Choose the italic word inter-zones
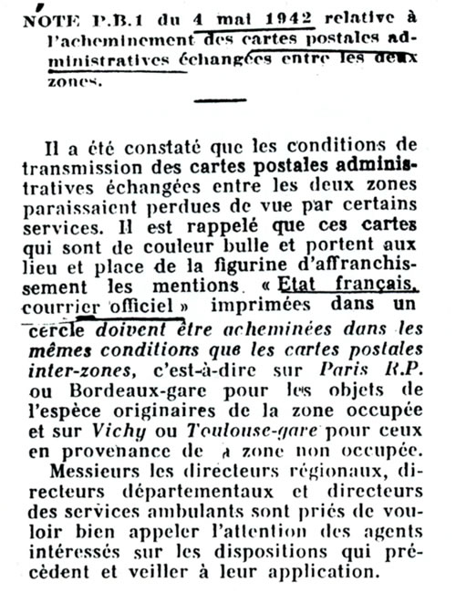[x=92, y=370]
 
